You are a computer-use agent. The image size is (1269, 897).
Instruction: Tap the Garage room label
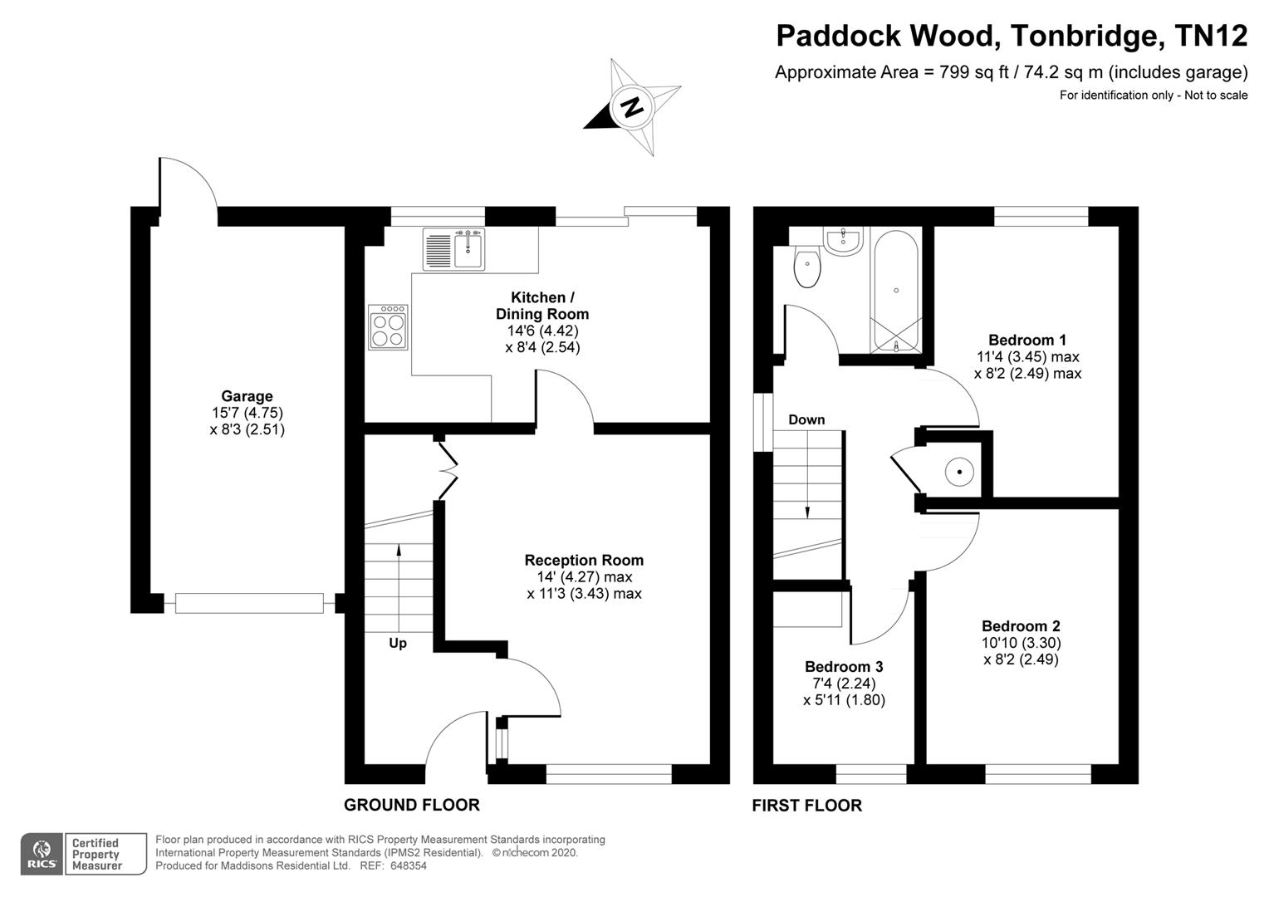[247, 396]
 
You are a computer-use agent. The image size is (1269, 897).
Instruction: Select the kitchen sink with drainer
[453, 249]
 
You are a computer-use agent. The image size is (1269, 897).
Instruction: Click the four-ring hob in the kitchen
[388, 327]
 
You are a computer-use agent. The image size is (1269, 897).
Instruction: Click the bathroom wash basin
[844, 241]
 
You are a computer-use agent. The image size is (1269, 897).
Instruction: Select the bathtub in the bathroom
[895, 290]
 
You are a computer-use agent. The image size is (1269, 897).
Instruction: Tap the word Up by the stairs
[398, 643]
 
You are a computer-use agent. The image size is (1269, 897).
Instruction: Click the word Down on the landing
[806, 419]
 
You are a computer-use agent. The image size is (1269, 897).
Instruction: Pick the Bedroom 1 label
[1027, 340]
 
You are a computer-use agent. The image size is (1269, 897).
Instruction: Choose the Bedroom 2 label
[1021, 626]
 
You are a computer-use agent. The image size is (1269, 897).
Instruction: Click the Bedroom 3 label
[844, 666]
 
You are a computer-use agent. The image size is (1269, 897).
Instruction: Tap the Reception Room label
[584, 561]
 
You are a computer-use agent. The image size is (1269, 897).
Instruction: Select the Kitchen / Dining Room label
[542, 306]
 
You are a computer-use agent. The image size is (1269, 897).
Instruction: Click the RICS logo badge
[41, 854]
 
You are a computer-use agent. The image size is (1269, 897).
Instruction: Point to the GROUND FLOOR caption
[412, 805]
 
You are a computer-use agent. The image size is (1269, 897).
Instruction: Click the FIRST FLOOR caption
[806, 805]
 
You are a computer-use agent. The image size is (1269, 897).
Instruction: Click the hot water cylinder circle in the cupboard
[959, 472]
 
